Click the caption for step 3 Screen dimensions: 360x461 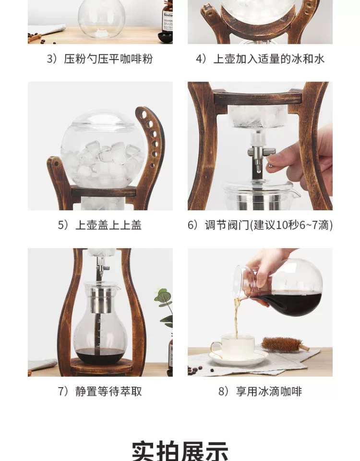100,59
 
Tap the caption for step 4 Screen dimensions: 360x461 260,59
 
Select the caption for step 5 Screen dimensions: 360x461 100,225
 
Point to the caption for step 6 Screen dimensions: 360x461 260,225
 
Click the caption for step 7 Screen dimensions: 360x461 100,392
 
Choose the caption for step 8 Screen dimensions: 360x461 260,392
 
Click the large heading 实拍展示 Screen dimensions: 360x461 180,450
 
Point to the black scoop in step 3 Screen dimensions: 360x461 165,37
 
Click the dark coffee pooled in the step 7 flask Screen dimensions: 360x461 100,356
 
